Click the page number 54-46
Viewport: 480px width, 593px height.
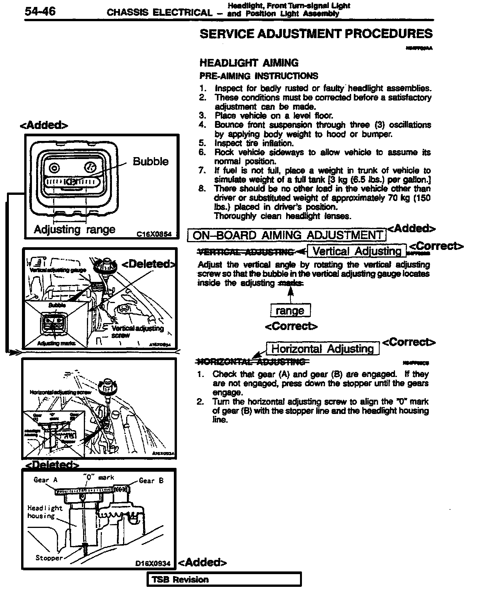point(40,12)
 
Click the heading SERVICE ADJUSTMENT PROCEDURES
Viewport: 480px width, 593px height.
point(316,34)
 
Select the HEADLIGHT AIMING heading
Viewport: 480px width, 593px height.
point(249,63)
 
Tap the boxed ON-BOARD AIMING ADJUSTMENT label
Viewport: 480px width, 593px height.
point(287,235)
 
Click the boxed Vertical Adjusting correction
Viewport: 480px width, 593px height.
point(357,251)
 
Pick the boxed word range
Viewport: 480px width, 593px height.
point(290,310)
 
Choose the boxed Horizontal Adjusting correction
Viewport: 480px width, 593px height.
point(322,349)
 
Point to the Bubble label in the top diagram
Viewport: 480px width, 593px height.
point(150,161)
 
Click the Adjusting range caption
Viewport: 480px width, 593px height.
point(74,229)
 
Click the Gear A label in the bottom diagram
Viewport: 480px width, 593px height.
point(45,480)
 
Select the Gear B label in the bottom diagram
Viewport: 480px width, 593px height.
point(151,481)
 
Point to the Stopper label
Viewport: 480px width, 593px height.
point(49,558)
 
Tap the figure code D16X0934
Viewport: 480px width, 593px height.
point(153,563)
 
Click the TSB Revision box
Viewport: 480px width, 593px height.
point(224,580)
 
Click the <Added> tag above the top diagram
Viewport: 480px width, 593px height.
point(43,125)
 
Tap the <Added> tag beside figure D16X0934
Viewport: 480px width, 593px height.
point(203,563)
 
